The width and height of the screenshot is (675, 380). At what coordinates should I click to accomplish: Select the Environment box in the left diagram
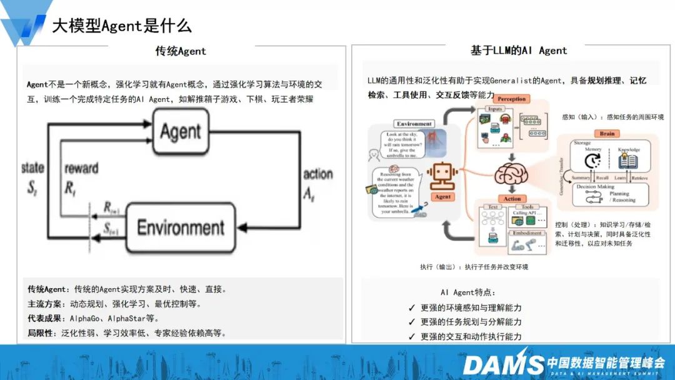click(x=180, y=227)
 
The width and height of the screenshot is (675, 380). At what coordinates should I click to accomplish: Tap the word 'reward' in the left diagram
click(x=81, y=168)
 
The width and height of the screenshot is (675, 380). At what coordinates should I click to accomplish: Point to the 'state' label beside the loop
click(x=32, y=167)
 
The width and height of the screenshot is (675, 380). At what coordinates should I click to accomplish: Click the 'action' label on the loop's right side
click(x=317, y=173)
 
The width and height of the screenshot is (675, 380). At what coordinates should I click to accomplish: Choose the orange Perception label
click(x=512, y=99)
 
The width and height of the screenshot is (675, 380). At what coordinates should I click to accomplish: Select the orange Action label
click(x=512, y=199)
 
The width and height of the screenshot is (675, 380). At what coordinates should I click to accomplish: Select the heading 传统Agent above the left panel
click(x=181, y=51)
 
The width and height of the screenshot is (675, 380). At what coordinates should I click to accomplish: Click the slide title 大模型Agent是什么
click(x=121, y=25)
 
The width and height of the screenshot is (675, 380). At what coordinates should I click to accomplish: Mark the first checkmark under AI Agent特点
click(x=411, y=308)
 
